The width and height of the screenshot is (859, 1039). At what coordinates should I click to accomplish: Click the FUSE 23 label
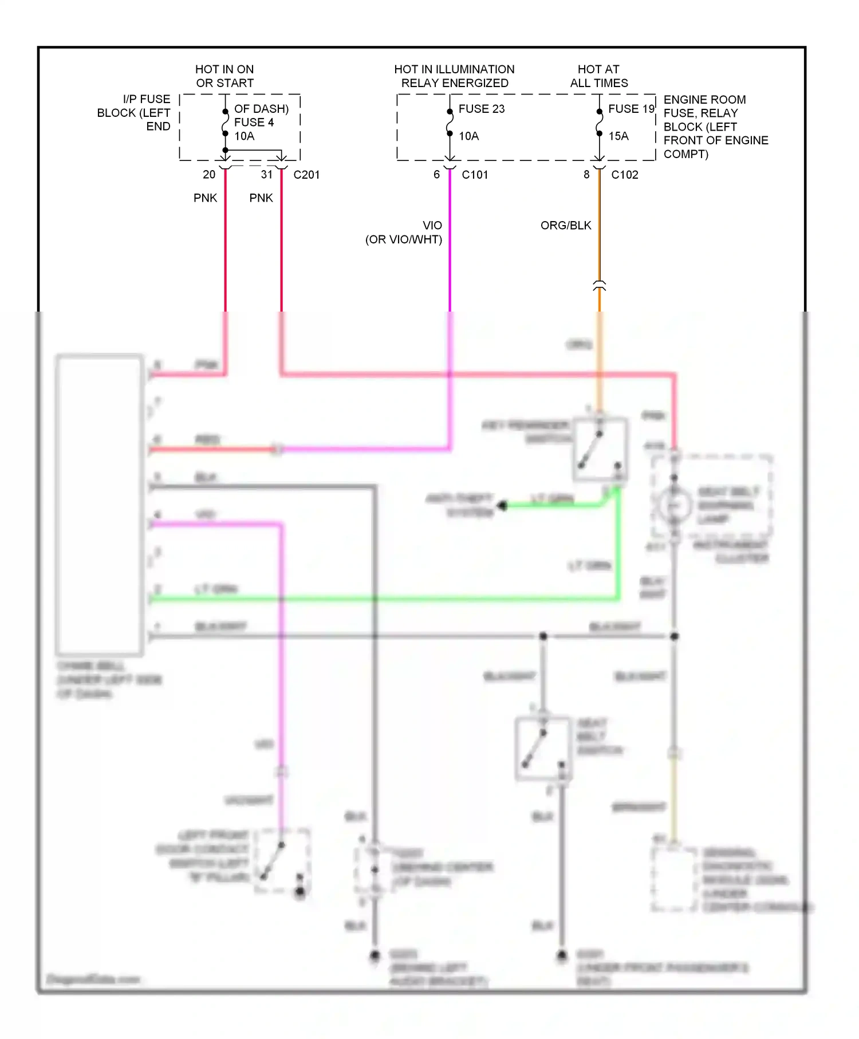481,109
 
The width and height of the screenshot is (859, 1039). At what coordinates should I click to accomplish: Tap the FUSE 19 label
631,109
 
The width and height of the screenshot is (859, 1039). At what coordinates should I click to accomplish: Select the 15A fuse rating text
618,136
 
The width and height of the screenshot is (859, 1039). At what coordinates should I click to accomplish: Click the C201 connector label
306,175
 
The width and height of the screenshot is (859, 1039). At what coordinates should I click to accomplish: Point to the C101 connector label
475,175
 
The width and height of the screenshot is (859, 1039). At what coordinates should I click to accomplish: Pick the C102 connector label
624,175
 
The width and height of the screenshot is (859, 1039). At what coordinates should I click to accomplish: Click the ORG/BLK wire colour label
565,226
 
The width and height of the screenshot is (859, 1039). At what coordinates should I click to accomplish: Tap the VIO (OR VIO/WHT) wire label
404,233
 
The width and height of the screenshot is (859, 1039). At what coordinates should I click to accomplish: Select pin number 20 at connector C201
209,175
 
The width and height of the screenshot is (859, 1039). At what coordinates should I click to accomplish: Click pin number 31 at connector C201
267,175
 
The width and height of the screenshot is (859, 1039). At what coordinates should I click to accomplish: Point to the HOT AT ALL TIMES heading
598,76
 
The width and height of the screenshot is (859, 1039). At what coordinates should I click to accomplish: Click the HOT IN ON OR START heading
224,76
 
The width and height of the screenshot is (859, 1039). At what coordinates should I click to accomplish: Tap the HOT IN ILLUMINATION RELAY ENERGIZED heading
454,76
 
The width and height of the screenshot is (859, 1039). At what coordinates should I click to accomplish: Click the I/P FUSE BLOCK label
135,113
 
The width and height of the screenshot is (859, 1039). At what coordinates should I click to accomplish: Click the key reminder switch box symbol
600,450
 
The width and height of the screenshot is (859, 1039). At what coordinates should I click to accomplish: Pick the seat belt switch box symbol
543,749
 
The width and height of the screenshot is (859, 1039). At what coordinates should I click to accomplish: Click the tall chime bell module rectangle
100,505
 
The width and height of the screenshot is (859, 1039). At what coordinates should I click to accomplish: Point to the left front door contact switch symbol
282,861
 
